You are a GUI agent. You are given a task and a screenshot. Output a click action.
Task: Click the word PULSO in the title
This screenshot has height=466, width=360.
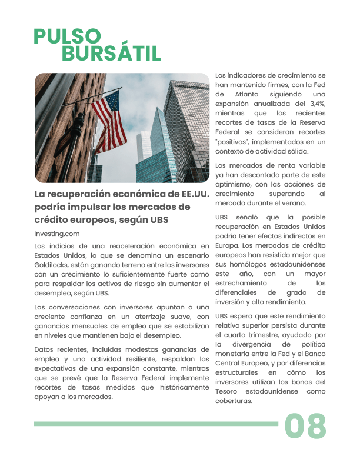coord(67,36)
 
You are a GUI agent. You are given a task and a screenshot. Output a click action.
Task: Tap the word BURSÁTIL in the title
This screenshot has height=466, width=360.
coord(111,54)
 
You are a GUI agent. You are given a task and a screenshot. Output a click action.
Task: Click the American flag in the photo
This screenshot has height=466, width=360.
coord(109,121)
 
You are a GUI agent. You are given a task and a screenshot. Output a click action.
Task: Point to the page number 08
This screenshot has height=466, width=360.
coord(305,426)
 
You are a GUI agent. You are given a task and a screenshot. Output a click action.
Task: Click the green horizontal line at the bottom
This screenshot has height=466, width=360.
coord(156,424)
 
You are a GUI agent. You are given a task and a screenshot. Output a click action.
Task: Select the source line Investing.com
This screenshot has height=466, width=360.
coord(57,234)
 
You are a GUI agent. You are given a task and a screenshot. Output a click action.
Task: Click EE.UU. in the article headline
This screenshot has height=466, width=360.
coord(191,194)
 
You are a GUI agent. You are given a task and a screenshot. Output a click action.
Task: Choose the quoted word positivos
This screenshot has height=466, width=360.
coord(236,142)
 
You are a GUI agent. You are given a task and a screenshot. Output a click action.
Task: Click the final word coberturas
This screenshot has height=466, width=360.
coord(234,401)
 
